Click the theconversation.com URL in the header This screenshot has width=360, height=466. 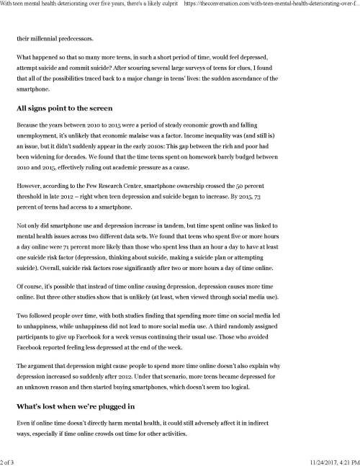(x=274, y=5)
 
